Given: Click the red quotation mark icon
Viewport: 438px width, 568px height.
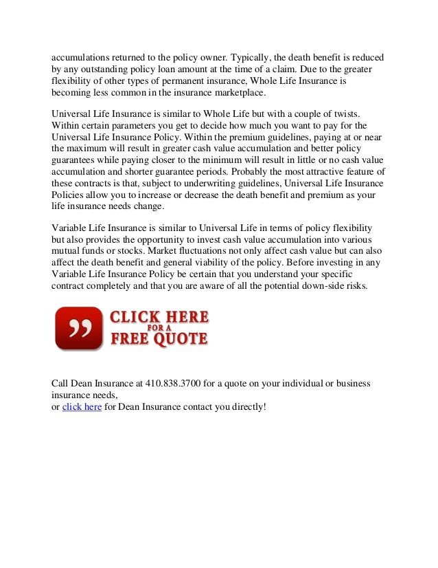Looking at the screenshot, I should coord(78,327).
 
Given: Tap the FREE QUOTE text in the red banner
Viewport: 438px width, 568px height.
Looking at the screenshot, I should coord(159,338).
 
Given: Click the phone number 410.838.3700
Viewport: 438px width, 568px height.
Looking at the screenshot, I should coord(174,382).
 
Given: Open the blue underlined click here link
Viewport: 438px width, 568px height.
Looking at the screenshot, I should coord(82,407).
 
